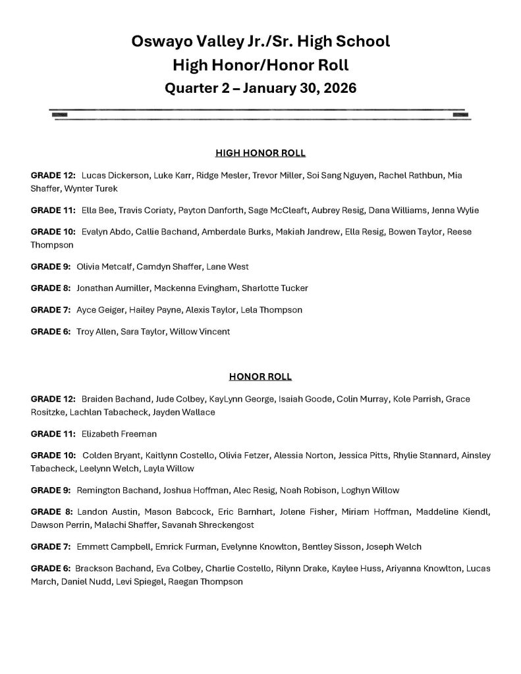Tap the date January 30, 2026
point(300,88)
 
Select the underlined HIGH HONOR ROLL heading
point(260,153)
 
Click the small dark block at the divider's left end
point(60,115)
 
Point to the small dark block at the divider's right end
point(460,115)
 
